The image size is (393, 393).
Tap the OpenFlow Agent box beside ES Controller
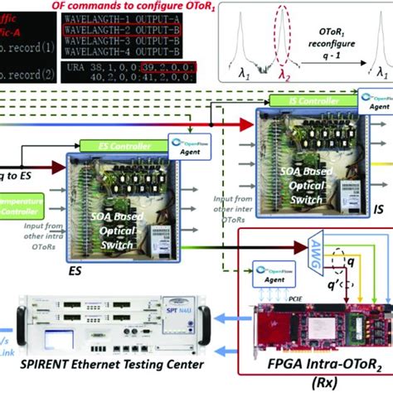coord(184,141)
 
